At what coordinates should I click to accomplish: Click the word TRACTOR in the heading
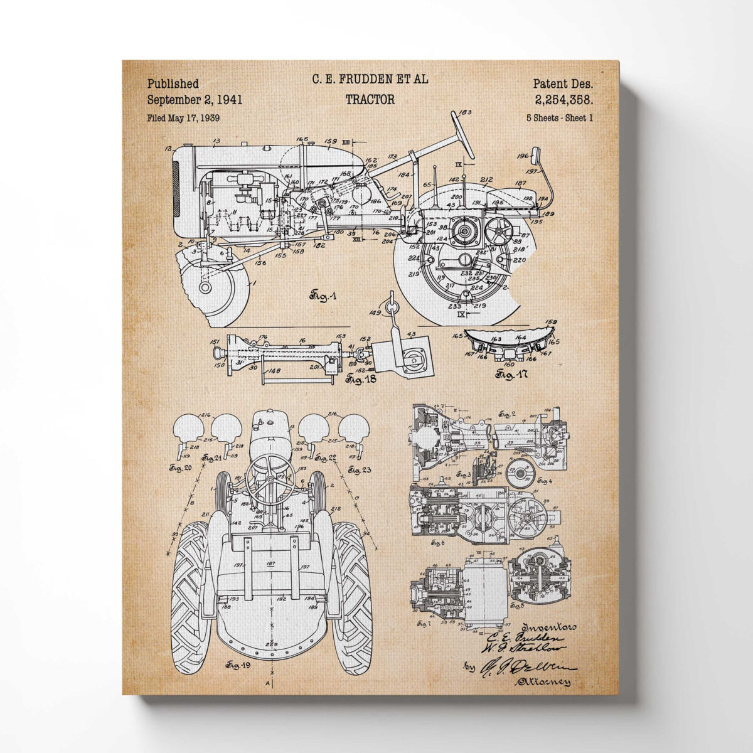[x=370, y=99]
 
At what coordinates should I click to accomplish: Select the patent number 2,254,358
[x=564, y=99]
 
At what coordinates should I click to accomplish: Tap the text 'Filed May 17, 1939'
[x=183, y=117]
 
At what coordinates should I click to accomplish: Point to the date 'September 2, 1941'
[x=195, y=99]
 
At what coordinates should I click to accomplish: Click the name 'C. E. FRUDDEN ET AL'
[x=370, y=79]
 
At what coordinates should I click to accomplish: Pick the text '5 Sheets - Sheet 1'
[x=560, y=117]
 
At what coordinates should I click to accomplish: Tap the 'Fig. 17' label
[x=511, y=375]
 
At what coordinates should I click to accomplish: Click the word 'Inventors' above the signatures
[x=549, y=626]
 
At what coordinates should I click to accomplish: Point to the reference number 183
[x=465, y=113]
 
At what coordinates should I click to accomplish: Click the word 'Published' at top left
[x=173, y=83]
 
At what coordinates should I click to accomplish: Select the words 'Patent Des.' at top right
[x=563, y=83]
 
